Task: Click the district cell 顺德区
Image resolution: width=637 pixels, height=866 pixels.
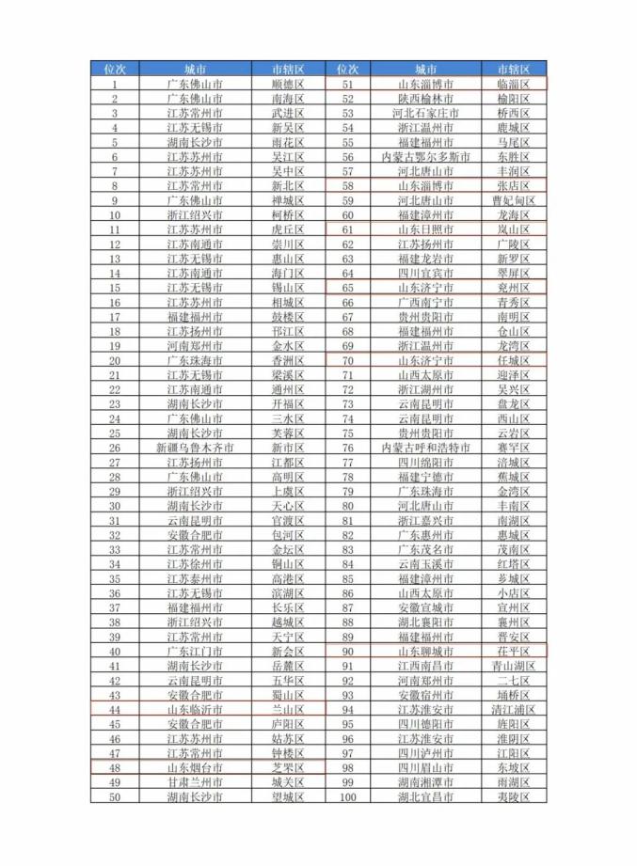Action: tap(288, 84)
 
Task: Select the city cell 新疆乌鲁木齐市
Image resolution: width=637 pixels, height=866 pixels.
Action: tap(195, 448)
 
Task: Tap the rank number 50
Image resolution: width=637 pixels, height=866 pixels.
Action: tap(114, 797)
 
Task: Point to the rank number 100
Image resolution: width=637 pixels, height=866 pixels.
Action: tap(348, 797)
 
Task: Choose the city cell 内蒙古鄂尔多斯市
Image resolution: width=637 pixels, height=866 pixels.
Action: tap(425, 156)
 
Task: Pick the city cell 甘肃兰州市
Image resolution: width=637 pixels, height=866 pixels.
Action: tap(195, 782)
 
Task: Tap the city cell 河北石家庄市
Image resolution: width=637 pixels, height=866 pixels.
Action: tap(425, 113)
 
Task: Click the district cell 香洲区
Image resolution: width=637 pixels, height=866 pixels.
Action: tap(288, 360)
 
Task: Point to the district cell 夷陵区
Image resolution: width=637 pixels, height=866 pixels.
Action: tap(514, 797)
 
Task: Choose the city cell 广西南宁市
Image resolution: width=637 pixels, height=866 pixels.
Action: tap(425, 302)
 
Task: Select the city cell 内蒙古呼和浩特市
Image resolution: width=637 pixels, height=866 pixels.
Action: tap(425, 448)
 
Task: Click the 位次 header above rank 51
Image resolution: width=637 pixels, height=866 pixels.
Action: tap(348, 69)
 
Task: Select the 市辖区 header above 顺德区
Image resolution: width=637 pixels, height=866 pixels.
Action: tap(288, 69)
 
